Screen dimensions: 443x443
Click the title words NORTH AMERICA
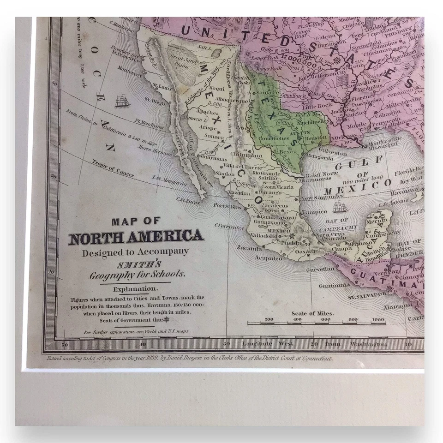[x=136, y=237]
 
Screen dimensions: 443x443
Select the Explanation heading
[x=136, y=289]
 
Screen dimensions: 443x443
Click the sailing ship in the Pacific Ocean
[x=122, y=101]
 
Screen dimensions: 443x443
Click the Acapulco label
[x=269, y=258]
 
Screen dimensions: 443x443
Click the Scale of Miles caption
[x=313, y=313]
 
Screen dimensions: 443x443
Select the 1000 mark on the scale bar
[x=378, y=319]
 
